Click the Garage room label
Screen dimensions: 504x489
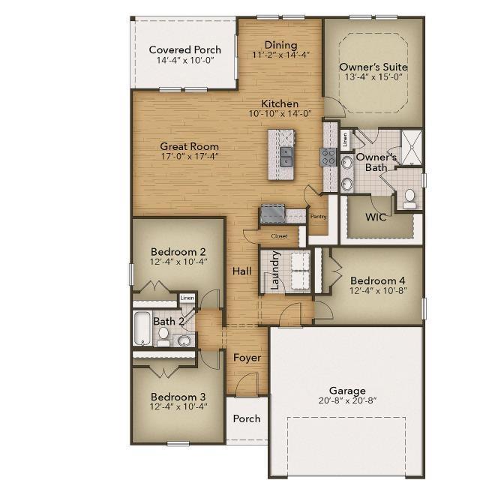pos(347,391)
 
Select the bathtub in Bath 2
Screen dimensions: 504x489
pos(142,328)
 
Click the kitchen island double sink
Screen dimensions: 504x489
pos(286,157)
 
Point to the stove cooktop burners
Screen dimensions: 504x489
pos(328,157)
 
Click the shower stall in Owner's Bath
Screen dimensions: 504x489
pos(412,147)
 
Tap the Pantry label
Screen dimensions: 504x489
pos(318,217)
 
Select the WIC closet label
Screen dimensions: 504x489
pos(376,217)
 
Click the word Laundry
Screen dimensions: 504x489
pos(275,270)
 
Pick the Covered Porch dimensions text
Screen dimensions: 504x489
pos(185,60)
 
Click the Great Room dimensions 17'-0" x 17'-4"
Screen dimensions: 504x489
pos(189,157)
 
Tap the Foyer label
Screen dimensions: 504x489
pos(247,358)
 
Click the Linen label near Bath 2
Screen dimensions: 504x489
pos(187,298)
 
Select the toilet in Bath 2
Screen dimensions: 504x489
pos(163,337)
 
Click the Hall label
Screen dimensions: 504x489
pos(241,271)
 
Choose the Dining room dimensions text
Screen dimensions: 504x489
pos(280,55)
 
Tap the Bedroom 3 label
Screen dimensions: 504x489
pos(178,397)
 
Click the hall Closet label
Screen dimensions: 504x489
pos(279,236)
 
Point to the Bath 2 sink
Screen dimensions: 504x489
pos(184,340)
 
